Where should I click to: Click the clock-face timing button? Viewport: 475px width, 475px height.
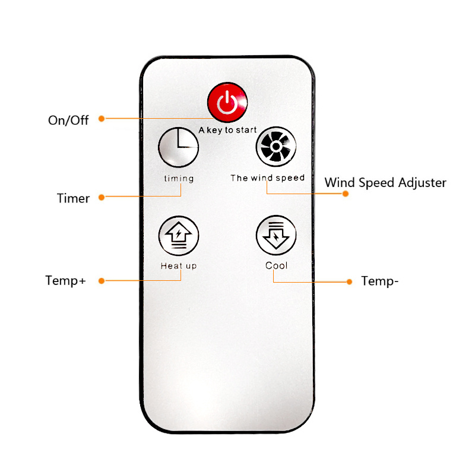pyautogui.click(x=179, y=147)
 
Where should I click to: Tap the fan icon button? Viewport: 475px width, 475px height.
pyautogui.click(x=276, y=147)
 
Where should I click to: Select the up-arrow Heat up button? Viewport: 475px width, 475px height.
pyautogui.click(x=179, y=236)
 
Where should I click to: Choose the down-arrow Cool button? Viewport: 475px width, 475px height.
pyautogui.click(x=276, y=235)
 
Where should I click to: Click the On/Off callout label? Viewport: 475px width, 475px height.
pyautogui.click(x=68, y=121)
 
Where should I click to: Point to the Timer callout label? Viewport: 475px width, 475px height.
pyautogui.click(x=73, y=198)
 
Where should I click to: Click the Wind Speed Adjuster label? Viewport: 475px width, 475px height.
pyautogui.click(x=385, y=183)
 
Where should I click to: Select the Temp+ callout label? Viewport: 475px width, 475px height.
pyautogui.click(x=65, y=281)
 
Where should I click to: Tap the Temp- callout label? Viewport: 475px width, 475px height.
pyautogui.click(x=379, y=281)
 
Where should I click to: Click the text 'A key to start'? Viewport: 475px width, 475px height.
pyautogui.click(x=227, y=130)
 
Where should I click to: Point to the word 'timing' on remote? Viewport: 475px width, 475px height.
pyautogui.click(x=179, y=179)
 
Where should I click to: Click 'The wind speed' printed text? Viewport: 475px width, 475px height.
pyautogui.click(x=268, y=178)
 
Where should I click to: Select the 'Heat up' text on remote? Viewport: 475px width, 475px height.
pyautogui.click(x=179, y=266)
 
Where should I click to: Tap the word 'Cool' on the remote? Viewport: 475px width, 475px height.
pyautogui.click(x=276, y=265)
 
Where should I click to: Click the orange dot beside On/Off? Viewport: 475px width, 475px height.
pyautogui.click(x=102, y=119)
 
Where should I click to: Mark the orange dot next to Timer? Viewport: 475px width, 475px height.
pyautogui.click(x=102, y=198)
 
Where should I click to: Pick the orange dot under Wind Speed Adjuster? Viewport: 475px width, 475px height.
pyautogui.click(x=346, y=194)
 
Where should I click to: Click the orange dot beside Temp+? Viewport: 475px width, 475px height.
pyautogui.click(x=102, y=281)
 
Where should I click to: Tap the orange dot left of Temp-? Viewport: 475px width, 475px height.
pyautogui.click(x=349, y=282)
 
